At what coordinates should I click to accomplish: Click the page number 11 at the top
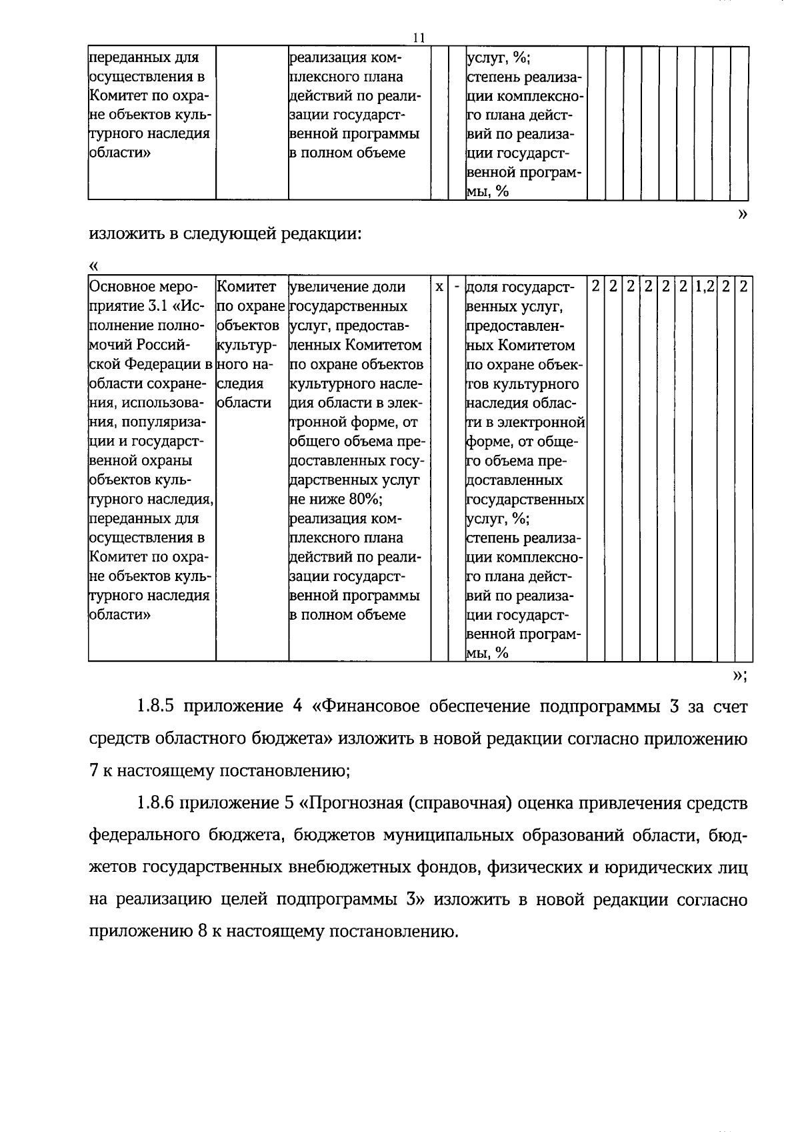(x=419, y=38)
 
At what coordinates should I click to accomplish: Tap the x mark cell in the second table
(x=439, y=287)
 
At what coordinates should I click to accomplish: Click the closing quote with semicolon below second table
(x=739, y=676)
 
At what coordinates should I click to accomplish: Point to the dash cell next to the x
(x=457, y=287)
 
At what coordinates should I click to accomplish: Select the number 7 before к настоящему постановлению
(x=94, y=771)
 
